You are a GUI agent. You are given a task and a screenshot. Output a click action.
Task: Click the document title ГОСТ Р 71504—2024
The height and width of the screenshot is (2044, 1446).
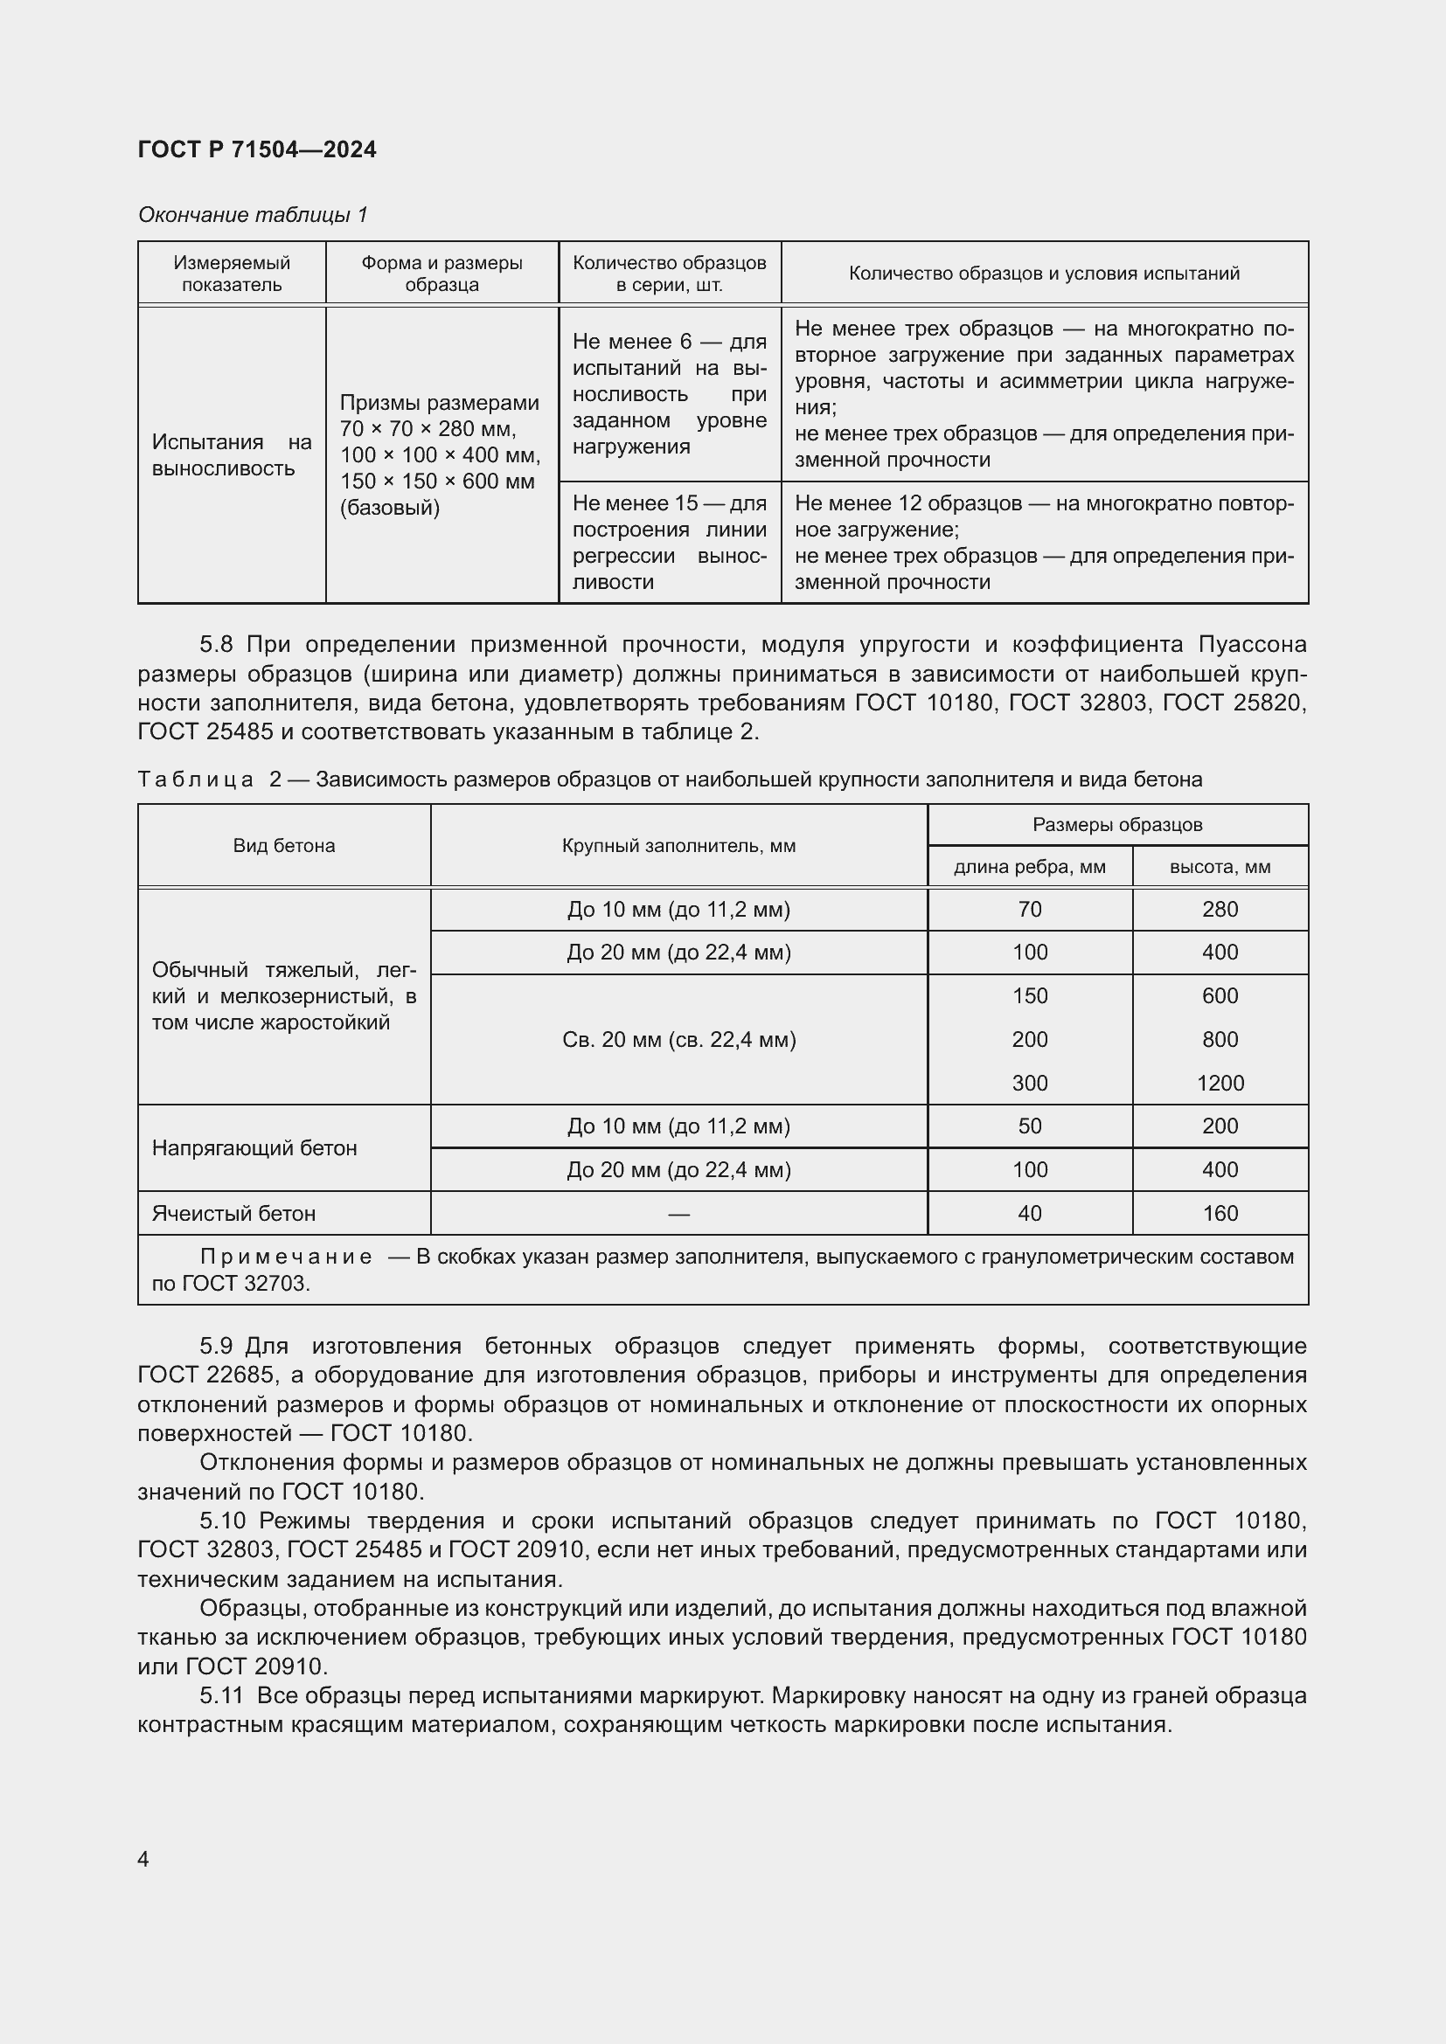[256, 149]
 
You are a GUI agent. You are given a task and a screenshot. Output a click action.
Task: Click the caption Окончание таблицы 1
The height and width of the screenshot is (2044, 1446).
[253, 215]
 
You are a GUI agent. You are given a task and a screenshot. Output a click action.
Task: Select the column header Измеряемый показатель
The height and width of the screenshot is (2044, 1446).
[232, 274]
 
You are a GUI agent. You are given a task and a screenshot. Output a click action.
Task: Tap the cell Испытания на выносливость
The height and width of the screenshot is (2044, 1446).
[232, 455]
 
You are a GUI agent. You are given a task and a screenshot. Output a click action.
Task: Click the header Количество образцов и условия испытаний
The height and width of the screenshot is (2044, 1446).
[1044, 274]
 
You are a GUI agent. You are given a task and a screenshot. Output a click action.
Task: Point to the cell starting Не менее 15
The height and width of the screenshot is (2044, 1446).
[669, 542]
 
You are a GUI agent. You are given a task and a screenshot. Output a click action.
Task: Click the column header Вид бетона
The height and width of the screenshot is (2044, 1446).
[284, 845]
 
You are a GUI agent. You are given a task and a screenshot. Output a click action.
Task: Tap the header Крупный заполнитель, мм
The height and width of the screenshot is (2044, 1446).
[678, 845]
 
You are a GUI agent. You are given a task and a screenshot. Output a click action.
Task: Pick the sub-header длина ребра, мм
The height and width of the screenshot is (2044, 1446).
[1029, 866]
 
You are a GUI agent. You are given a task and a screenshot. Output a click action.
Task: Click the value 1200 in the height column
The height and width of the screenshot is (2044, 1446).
[1220, 1083]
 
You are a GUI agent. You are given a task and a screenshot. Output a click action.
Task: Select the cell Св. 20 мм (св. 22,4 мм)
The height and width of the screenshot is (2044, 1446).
[678, 1039]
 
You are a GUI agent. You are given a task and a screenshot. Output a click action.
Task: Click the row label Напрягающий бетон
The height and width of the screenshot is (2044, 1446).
[254, 1147]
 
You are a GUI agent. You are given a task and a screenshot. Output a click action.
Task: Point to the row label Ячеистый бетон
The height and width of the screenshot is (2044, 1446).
[233, 1213]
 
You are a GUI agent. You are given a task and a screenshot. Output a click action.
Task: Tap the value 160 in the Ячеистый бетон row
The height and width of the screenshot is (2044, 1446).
[1220, 1213]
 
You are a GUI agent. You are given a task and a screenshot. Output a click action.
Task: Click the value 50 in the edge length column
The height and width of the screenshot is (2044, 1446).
[1029, 1126]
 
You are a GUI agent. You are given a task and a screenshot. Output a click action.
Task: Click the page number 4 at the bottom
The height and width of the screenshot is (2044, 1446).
[143, 1859]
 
